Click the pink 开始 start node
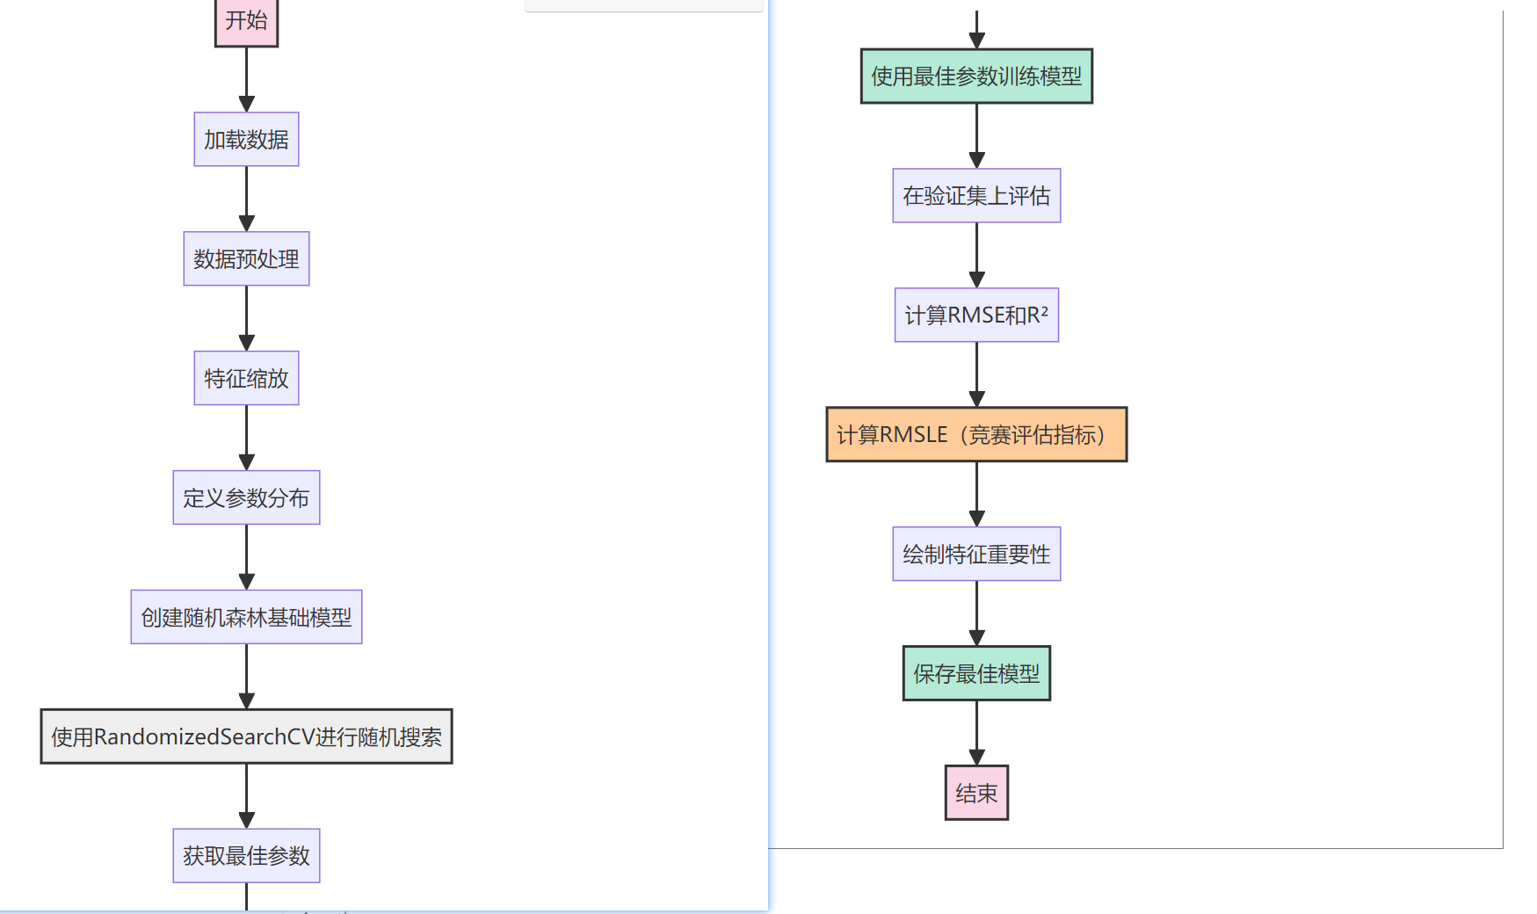tap(246, 21)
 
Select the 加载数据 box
tap(246, 139)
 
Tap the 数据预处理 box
tap(246, 258)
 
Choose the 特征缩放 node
tap(246, 378)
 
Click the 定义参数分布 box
tap(246, 497)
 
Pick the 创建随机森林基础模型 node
tap(246, 617)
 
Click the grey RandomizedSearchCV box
tap(246, 736)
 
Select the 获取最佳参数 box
tap(246, 855)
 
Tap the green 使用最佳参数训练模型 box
tap(976, 76)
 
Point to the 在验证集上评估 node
tap(976, 195)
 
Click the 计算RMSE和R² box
tap(976, 315)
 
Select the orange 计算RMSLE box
tap(976, 434)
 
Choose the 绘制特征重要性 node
tap(976, 554)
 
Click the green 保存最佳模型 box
tap(976, 673)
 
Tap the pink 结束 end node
tap(976, 793)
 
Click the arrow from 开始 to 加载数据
tap(246, 80)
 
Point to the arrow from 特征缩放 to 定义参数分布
tap(246, 438)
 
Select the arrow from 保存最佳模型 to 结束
tap(976, 733)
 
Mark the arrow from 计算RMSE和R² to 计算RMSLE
tap(976, 374)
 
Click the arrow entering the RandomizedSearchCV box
tap(246, 677)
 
